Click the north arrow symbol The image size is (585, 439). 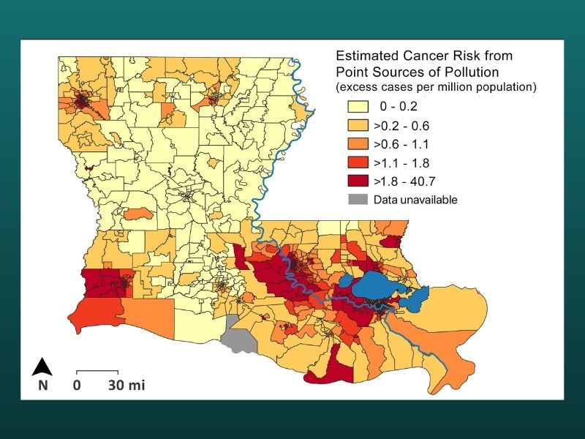tap(43, 366)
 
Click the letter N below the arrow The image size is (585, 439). tap(43, 386)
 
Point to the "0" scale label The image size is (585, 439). tap(77, 386)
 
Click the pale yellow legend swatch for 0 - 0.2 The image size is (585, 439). tap(355, 105)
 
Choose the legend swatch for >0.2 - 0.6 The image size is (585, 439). tap(355, 124)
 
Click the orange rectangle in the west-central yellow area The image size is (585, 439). tap(137, 214)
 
